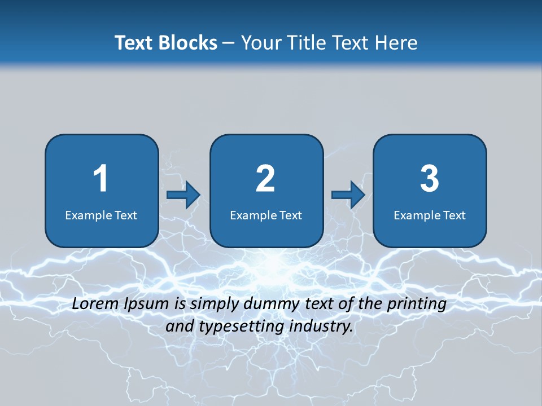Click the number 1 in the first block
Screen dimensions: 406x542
101,179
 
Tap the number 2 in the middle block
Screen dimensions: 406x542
265,179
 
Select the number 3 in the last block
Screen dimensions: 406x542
430,179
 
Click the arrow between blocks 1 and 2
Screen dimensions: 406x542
183,195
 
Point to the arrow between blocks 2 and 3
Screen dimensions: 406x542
348,195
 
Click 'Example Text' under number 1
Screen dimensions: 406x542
101,215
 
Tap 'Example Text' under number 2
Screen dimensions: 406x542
266,215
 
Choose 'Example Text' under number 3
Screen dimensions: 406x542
430,215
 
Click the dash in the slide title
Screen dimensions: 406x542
229,43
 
